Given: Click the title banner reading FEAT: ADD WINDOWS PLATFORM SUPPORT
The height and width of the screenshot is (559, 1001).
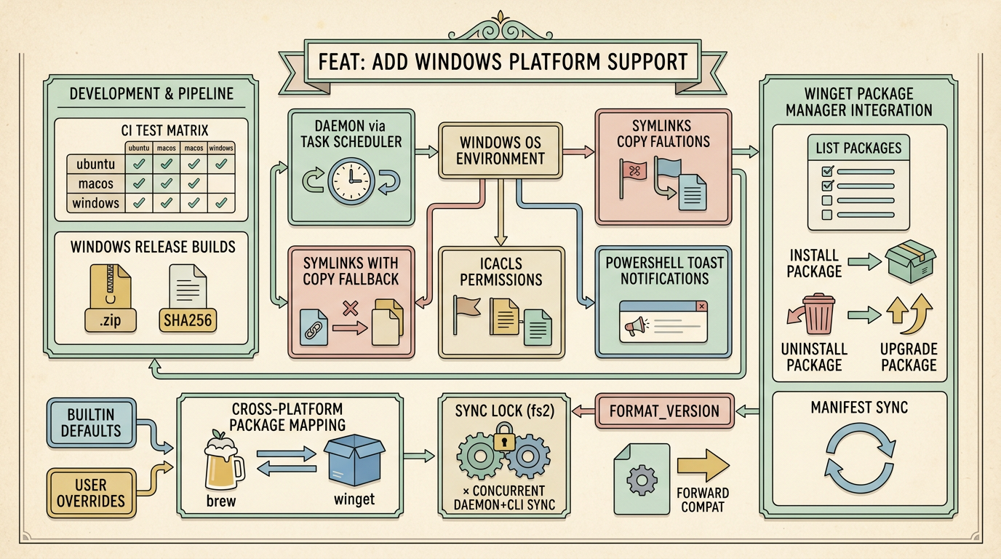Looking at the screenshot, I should [502, 61].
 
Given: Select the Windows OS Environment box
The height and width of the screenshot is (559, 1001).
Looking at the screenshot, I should [500, 149].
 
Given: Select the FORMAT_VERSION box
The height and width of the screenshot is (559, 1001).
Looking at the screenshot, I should [664, 411].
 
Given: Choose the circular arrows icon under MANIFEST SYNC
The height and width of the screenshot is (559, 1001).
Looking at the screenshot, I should [859, 461].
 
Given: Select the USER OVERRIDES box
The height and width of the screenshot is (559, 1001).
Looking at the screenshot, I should [90, 493].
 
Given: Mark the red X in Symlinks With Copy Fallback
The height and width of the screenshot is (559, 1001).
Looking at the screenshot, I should [351, 309].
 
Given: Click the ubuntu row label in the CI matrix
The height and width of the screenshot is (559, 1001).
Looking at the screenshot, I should [95, 164].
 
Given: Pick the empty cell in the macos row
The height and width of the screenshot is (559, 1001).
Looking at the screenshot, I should [221, 184].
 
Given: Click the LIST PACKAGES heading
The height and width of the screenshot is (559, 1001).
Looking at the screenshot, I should [858, 148].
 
